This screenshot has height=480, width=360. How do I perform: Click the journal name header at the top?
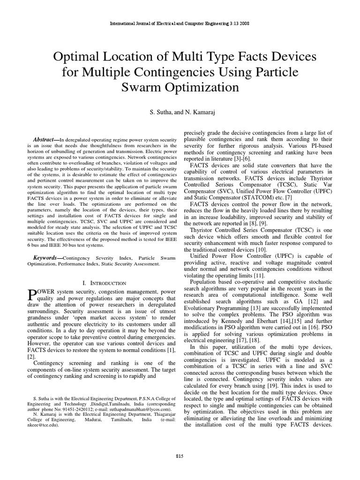180,23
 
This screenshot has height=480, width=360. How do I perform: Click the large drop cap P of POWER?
31,294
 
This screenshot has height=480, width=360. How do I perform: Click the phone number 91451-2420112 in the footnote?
68,408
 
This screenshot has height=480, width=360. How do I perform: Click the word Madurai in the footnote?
93,420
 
